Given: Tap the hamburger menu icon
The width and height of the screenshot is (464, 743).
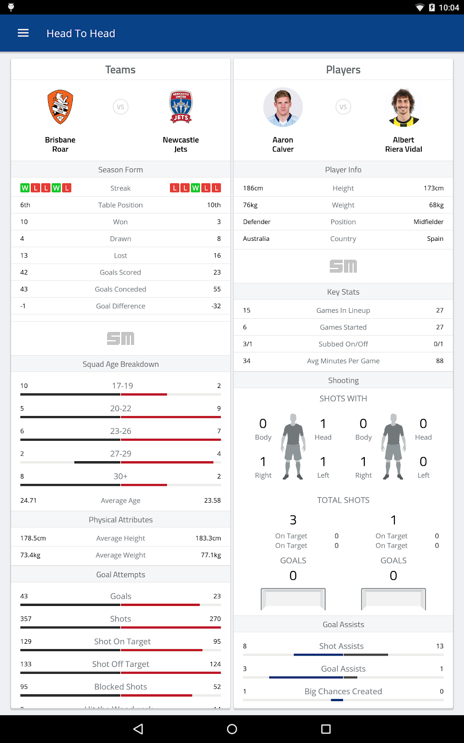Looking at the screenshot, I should pos(23,33).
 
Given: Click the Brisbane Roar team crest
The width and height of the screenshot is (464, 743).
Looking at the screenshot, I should pos(60,107).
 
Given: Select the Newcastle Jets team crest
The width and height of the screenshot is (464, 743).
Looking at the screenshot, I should pos(181,107).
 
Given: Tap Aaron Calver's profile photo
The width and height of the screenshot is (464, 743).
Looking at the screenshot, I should pos(283,107).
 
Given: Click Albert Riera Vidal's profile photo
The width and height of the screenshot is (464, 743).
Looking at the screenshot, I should pos(403,107).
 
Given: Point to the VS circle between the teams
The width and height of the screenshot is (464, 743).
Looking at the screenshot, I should pos(121,107).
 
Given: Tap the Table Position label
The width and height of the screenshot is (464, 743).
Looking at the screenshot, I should pos(121,205).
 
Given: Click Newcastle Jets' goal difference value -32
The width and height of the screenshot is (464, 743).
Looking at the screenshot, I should pos(216,306).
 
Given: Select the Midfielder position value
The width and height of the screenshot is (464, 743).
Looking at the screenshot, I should pos(428,222).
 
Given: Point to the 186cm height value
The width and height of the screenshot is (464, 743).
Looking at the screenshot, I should pos(253,188).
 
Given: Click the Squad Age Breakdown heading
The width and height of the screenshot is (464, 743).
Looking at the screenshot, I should pos(121,364).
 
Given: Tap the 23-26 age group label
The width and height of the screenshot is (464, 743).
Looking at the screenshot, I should pos(121,431).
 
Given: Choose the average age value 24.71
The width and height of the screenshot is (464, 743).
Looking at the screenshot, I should pos(28,500).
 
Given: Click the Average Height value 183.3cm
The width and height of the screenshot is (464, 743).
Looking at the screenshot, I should pos(208,538).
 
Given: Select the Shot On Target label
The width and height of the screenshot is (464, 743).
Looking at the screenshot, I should pos(122,641).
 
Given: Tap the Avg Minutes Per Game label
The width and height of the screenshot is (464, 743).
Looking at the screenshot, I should pos(343,361).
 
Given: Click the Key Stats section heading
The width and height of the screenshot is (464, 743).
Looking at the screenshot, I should pos(343,292).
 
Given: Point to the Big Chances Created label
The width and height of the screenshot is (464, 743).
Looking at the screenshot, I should pos(343,692).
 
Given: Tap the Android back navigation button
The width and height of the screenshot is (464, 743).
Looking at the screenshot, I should pos(138,729).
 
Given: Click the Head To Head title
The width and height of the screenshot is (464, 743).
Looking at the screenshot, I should pos(81,33).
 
